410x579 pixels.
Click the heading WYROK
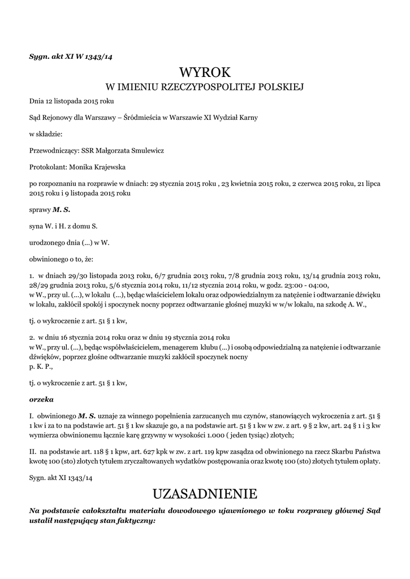[205, 72]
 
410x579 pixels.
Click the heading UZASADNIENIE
[205, 494]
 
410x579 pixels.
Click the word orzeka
[41, 399]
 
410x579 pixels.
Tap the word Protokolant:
[49, 167]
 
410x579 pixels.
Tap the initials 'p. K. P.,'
[41, 366]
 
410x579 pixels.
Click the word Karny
[247, 118]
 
